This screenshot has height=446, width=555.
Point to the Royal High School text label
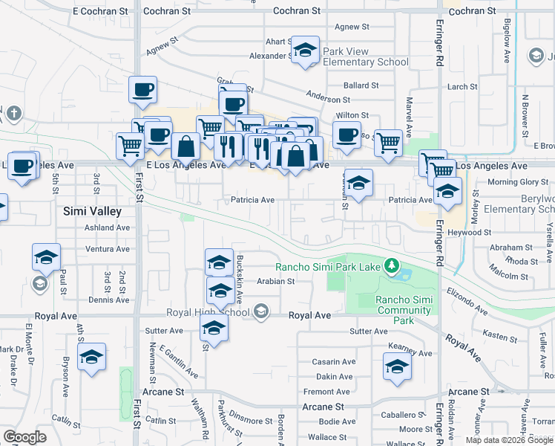208,312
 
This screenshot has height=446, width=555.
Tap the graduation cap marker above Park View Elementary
305,50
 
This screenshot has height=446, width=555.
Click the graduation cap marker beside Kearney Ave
397,366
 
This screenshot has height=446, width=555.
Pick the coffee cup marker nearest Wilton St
346,135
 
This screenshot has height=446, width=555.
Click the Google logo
24,437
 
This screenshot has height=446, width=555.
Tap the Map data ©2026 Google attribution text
509,440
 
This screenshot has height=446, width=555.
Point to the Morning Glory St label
517,182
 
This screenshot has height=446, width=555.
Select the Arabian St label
276,282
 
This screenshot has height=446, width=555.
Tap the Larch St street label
462,87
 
